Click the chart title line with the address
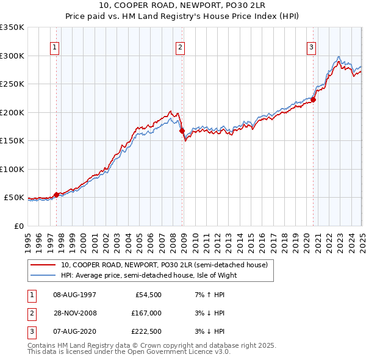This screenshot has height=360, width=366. (183, 5)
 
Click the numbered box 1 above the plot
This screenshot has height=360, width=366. (56, 47)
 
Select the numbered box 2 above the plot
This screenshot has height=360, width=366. (181, 47)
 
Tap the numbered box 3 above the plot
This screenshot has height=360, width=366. (311, 47)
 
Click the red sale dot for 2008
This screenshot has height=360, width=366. (182, 131)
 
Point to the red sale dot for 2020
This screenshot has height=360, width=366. (313, 99)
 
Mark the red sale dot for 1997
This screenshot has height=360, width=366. (56, 195)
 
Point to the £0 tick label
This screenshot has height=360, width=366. (18, 226)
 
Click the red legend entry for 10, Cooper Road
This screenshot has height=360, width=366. (164, 265)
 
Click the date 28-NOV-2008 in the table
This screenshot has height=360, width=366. (74, 313)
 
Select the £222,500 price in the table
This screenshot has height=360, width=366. (146, 331)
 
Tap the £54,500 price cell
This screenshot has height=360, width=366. (148, 295)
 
